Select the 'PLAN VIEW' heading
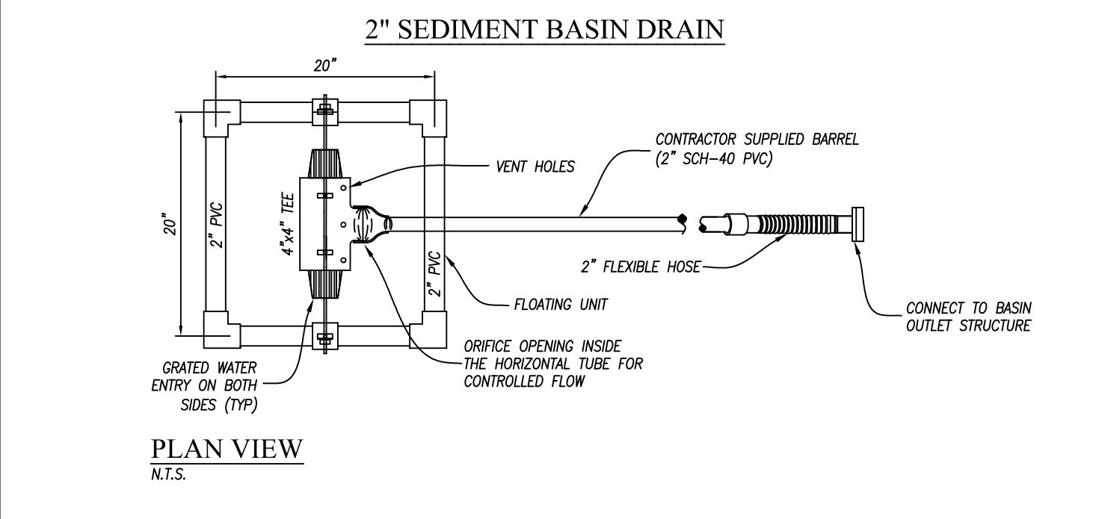tap(227, 448)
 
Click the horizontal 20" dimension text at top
tap(325, 66)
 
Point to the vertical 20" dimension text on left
tap(172, 226)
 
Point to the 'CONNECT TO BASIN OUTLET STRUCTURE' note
tap(968, 317)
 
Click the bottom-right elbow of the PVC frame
tap(429, 329)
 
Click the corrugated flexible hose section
tap(787, 224)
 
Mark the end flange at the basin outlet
tap(857, 224)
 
